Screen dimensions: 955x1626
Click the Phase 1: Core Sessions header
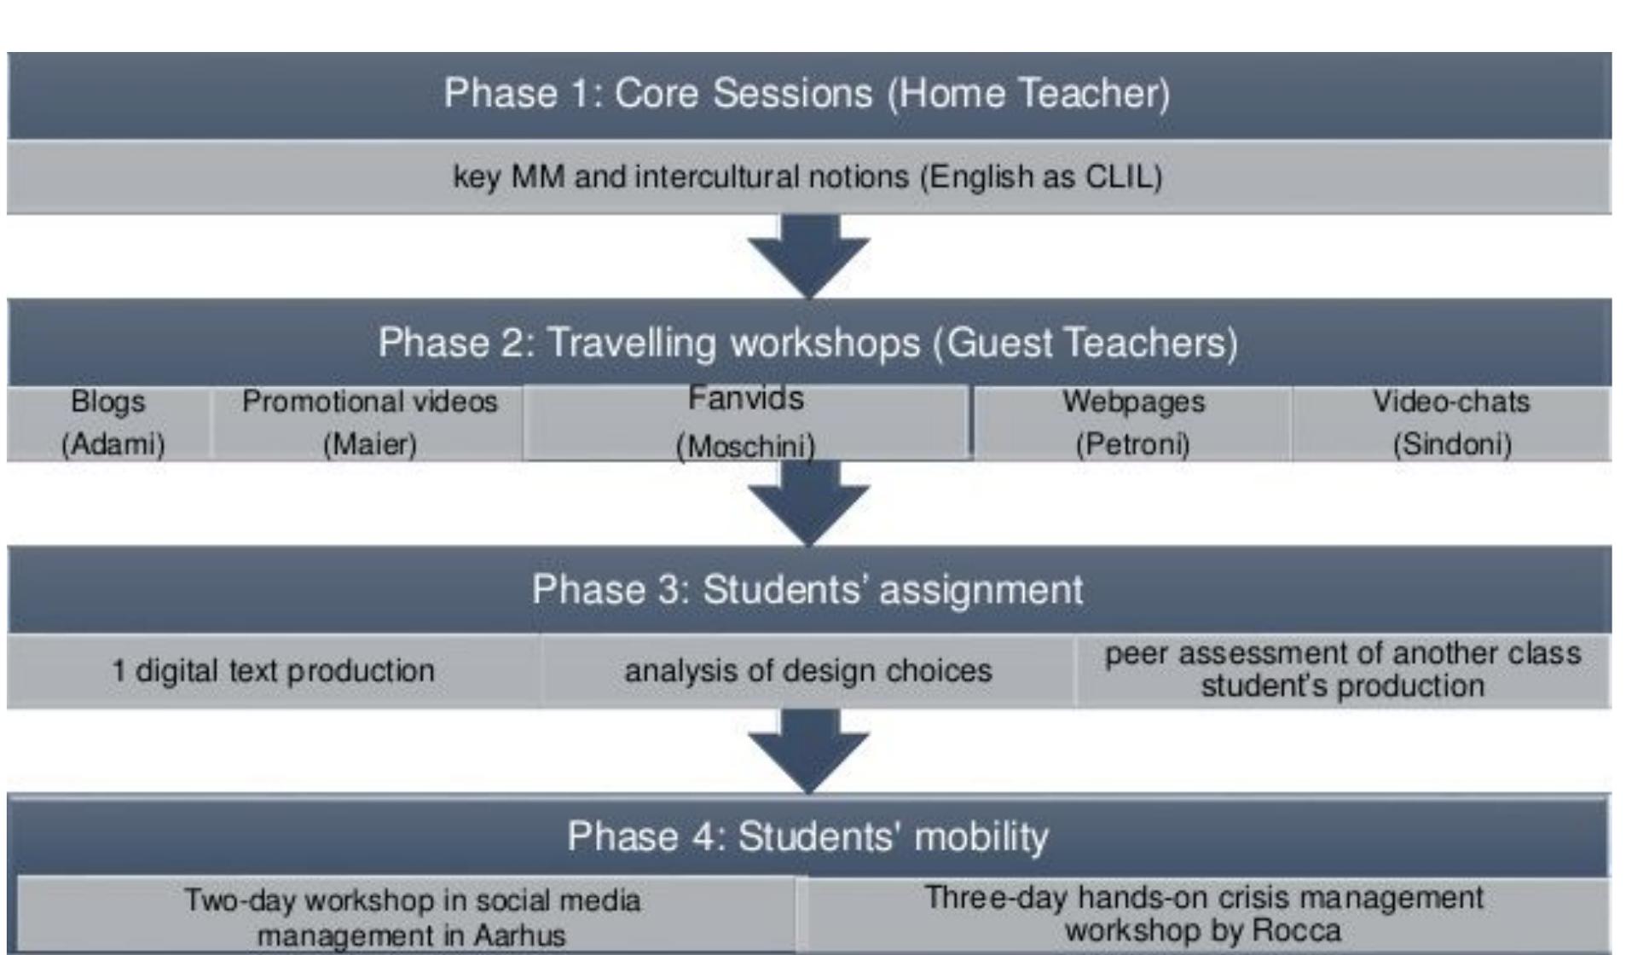[807, 94]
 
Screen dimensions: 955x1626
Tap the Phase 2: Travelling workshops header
[807, 343]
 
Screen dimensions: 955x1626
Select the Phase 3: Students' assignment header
[807, 590]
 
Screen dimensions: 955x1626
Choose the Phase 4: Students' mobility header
[807, 836]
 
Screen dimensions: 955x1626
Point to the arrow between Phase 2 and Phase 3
[808, 502]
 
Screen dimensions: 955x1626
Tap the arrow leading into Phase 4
[808, 750]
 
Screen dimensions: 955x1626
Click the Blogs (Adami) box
[109, 423]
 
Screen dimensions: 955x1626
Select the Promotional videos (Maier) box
[368, 423]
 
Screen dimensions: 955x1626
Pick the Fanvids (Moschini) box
[746, 423]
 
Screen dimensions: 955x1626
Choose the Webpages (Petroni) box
[1132, 423]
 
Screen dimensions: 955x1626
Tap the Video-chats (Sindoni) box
[1451, 423]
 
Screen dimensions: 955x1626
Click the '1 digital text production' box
[273, 671]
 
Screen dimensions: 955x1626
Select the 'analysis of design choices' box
[807, 671]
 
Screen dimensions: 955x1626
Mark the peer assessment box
[1343, 670]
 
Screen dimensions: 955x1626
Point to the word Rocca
[1299, 930]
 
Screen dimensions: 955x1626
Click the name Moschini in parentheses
[746, 447]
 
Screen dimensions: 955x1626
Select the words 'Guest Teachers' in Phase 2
[1085, 343]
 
